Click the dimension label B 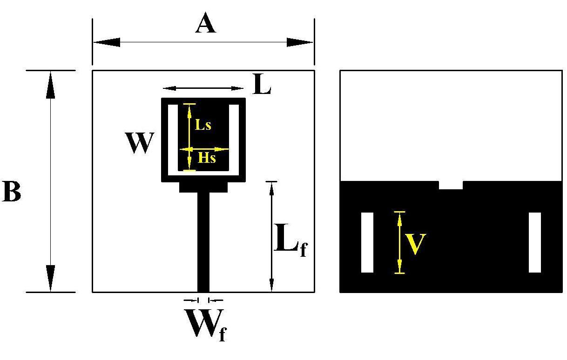coord(12,192)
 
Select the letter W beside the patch coord(139,143)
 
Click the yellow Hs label coord(207,158)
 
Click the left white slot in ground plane coord(367,242)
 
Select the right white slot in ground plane coord(535,242)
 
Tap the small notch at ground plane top coord(451,185)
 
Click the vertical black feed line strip coord(203,242)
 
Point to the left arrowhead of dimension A coord(107,42)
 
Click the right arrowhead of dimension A coord(300,42)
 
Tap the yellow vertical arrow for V coord(399,242)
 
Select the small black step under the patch coord(203,187)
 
